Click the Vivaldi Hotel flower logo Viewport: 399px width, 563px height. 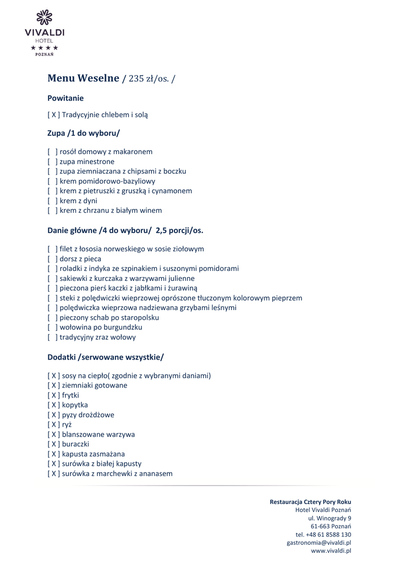pos(44,18)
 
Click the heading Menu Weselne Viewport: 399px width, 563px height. pos(83,78)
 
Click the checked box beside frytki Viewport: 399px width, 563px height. pos(54,395)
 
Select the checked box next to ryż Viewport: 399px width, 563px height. pos(54,424)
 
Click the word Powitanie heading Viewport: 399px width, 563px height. pos(65,98)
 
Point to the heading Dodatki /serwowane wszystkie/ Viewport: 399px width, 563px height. pos(106,357)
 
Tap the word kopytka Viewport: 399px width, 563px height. pos(75,405)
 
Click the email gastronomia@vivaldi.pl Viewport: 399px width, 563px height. pos(319,542)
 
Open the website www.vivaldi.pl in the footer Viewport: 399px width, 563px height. pos(331,550)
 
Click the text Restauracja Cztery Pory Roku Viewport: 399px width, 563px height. pos(310,501)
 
